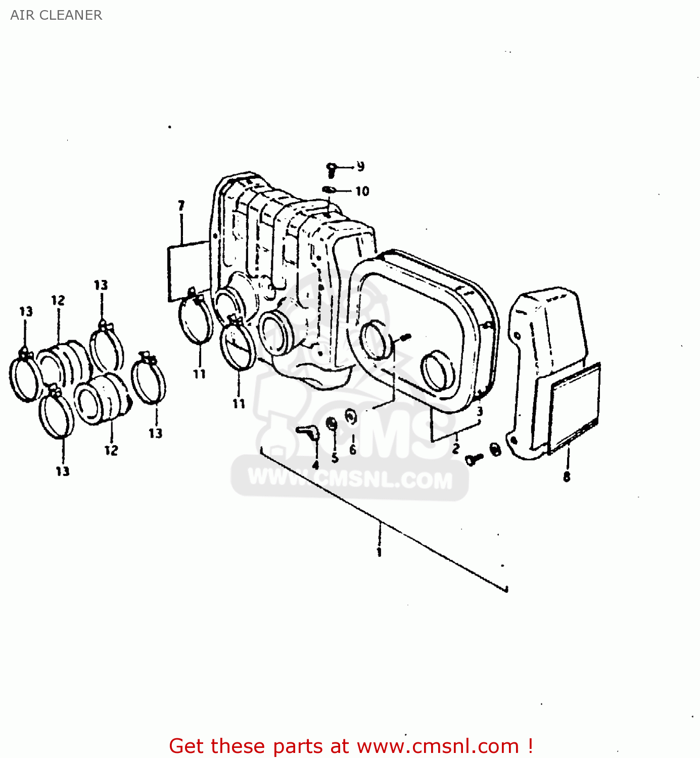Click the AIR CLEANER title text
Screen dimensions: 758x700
click(x=56, y=15)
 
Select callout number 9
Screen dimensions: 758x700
click(x=360, y=166)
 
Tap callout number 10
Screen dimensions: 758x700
click(x=362, y=192)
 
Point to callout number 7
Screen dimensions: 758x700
click(x=181, y=206)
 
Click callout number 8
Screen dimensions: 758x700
click(x=567, y=477)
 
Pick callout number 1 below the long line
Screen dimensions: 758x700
click(x=379, y=552)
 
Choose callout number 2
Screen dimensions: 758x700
click(x=456, y=448)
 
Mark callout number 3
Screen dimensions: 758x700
click(x=480, y=411)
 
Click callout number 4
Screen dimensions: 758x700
click(x=315, y=465)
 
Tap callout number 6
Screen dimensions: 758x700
click(x=352, y=449)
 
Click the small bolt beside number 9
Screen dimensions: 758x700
click(x=332, y=170)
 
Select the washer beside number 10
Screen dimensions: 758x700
click(x=329, y=190)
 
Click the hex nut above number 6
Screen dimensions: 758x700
click(x=351, y=417)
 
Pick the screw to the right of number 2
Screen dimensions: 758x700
click(x=474, y=459)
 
